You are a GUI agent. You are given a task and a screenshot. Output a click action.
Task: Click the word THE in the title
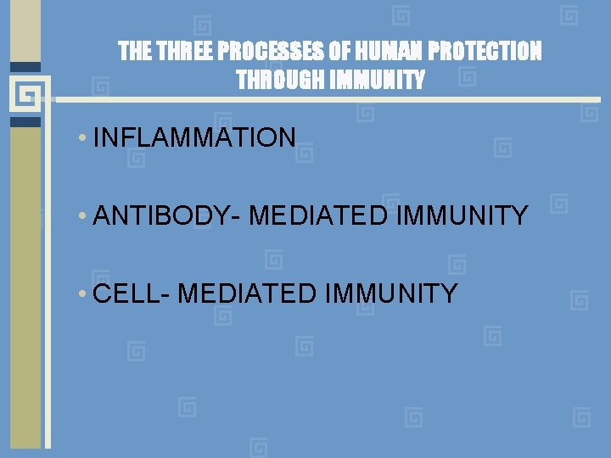coord(134,53)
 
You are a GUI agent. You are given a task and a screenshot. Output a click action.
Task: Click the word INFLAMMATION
coord(194,137)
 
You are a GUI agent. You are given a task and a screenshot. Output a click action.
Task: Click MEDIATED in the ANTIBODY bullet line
coord(319,216)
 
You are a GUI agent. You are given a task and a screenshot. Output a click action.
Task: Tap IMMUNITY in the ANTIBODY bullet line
coord(462,216)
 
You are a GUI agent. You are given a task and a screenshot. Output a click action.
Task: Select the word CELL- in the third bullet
coord(132,294)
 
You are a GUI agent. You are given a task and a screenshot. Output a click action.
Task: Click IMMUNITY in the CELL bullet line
coord(390,294)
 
